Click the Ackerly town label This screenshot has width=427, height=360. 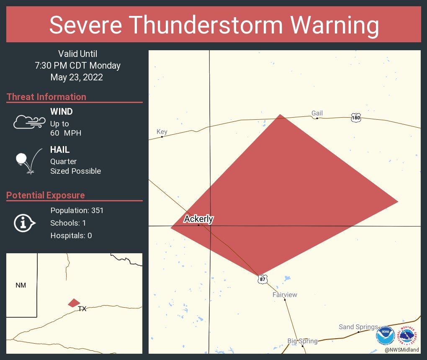199,219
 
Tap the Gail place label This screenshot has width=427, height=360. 317,113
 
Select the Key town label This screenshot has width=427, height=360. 162,132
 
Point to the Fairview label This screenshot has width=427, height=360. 285,295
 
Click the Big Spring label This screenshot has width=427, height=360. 302,341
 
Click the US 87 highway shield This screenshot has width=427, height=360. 262,279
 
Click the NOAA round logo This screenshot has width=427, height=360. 385,336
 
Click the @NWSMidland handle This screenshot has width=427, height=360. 402,350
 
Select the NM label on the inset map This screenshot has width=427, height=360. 21,285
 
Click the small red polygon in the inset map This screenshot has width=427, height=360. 74,303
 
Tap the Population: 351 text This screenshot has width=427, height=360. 77,210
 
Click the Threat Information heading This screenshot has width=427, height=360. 46,97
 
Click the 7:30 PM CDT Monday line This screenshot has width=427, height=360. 77,66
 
